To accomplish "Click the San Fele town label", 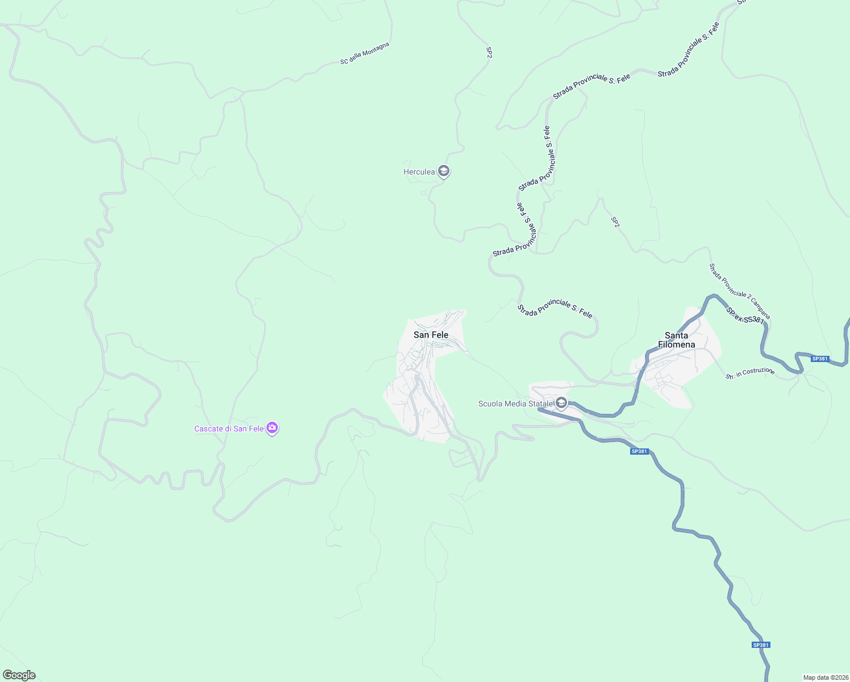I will coord(431,335).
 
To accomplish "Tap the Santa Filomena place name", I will coord(676,340).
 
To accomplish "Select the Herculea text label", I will coord(419,172).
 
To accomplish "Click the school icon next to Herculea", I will coord(444,171).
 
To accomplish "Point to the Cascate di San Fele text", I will coord(228,429).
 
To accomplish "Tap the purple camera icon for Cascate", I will coord(272,428).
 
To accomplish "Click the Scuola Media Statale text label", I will coord(515,404).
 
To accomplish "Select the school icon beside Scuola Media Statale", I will coord(561,403).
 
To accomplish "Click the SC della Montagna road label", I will coord(365,53).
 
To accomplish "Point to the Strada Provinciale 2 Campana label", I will coord(740,291).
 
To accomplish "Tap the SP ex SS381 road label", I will coord(744,316).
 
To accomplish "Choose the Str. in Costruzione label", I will coord(750,373).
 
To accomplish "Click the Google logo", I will coord(19,675).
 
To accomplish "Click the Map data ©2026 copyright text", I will coord(825,677).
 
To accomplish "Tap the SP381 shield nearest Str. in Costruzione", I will coord(820,359).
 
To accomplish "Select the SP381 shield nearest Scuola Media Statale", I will coord(639,451).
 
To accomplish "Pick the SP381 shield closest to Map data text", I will coord(760,644).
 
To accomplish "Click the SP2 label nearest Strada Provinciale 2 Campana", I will coord(615,222).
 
